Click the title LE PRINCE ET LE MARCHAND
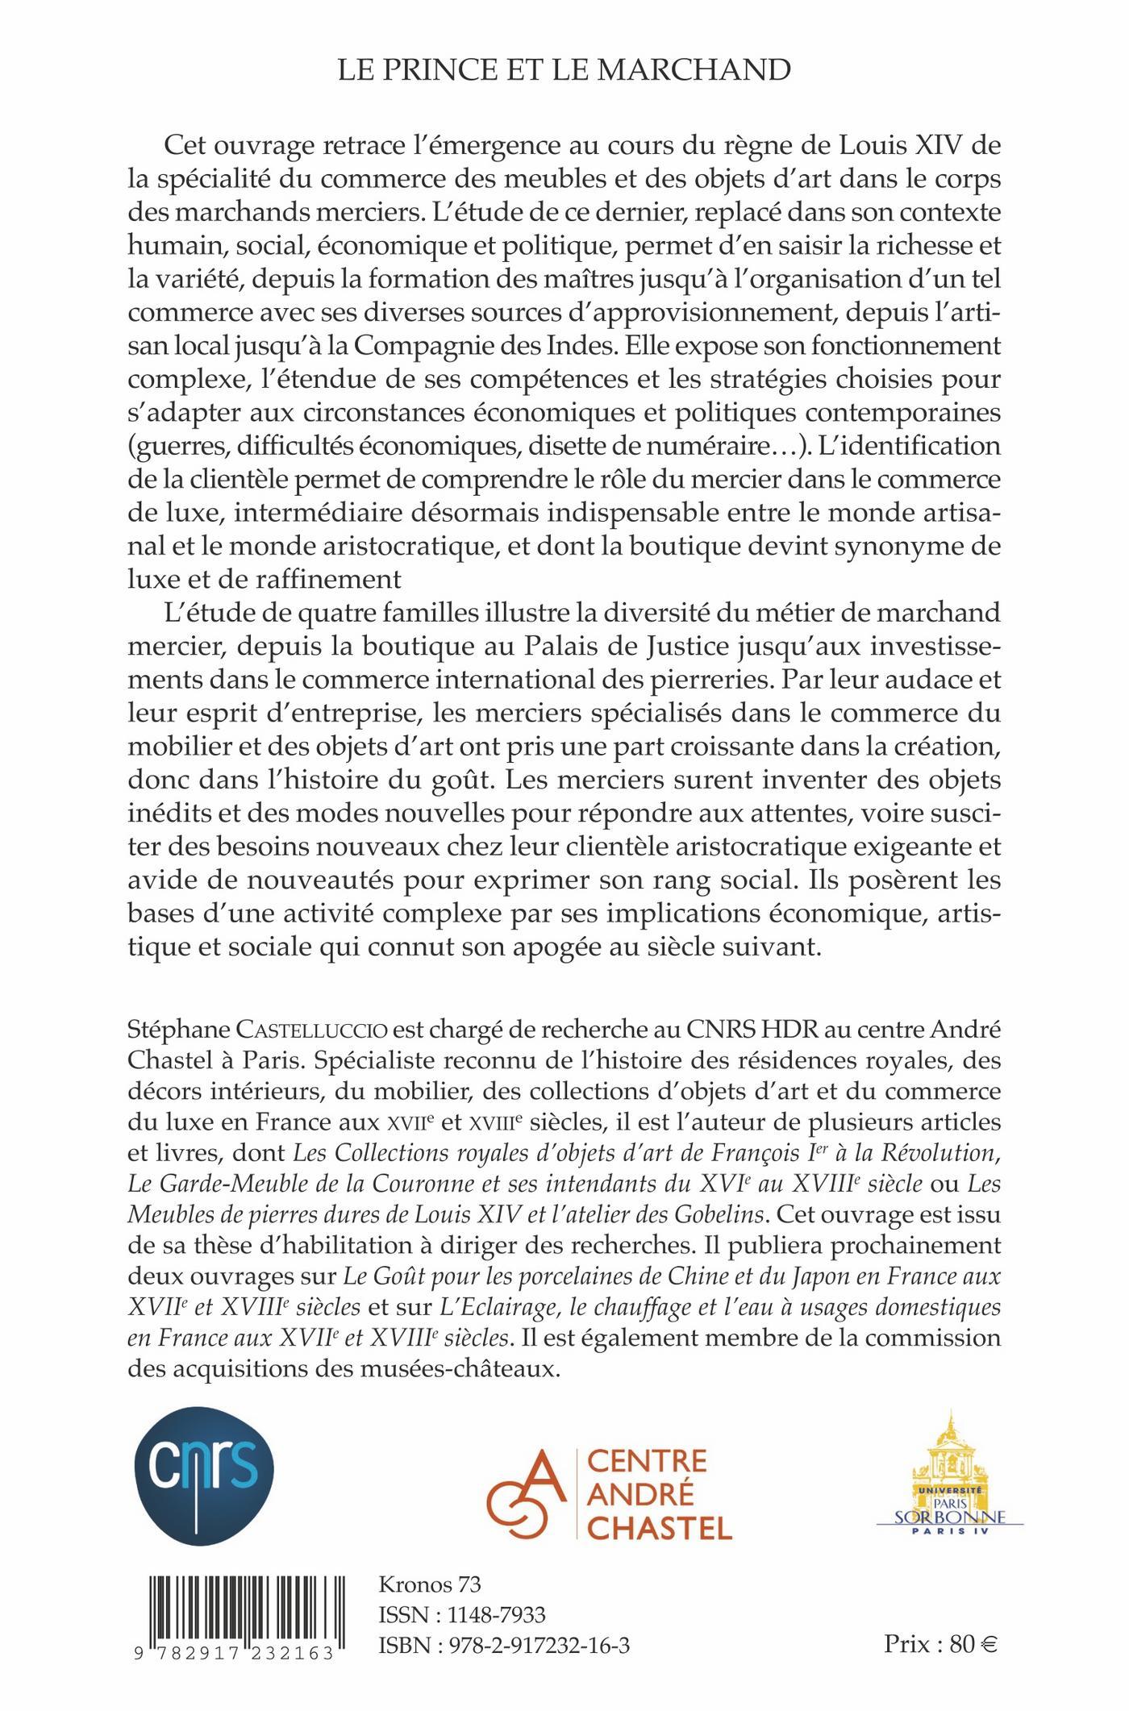pyautogui.click(x=564, y=72)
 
